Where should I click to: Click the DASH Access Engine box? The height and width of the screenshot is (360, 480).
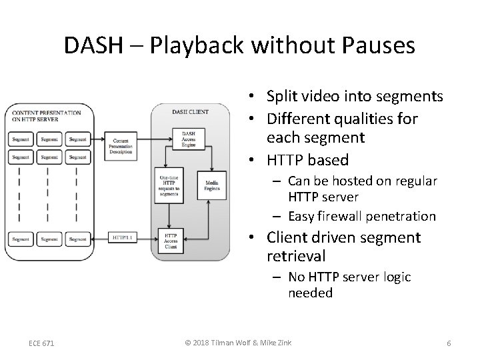[189, 139]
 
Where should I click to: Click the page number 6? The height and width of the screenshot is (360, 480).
[449, 343]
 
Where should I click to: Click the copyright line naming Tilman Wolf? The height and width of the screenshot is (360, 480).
[240, 343]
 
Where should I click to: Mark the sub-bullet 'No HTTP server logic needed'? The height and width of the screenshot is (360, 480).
[349, 285]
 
